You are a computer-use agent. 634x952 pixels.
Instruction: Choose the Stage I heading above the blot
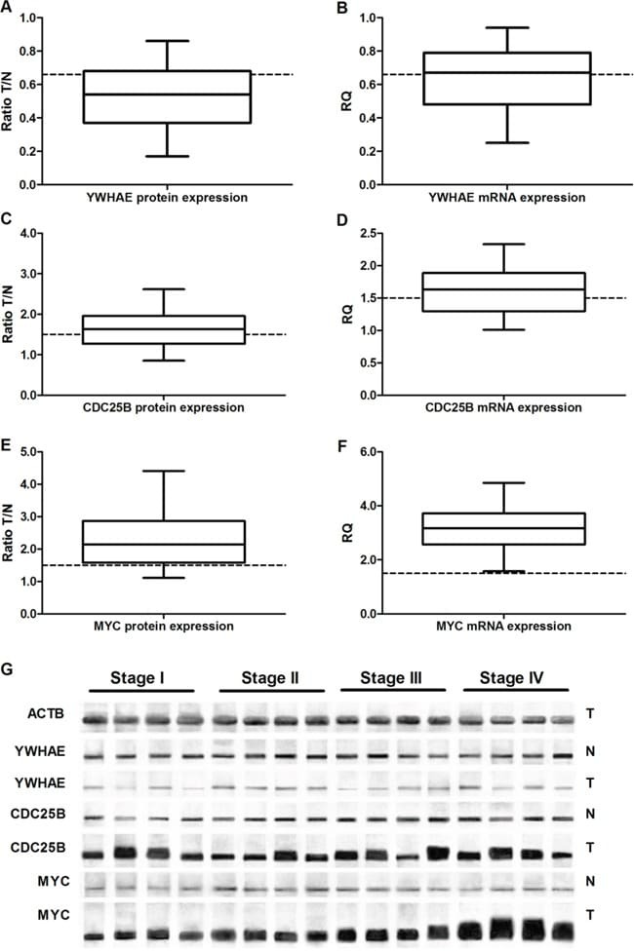139,677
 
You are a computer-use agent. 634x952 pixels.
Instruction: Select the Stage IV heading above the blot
512,677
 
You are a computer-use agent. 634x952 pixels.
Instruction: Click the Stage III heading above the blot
390,677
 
